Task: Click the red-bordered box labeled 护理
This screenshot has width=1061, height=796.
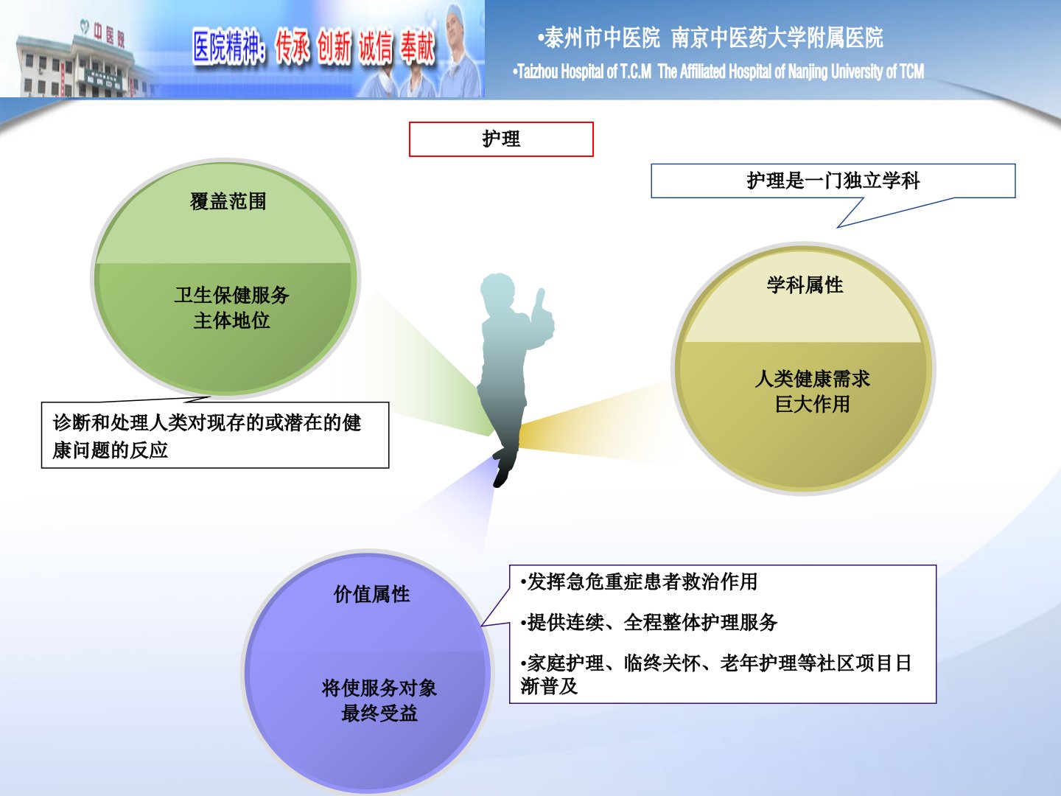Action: click(x=501, y=139)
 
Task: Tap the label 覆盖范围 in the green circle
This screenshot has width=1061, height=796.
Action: click(x=228, y=201)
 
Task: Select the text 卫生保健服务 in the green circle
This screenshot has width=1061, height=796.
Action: click(x=231, y=295)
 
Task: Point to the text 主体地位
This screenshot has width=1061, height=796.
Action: click(x=231, y=321)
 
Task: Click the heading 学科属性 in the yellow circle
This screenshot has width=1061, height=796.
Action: click(x=805, y=285)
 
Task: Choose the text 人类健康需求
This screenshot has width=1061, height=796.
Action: click(x=812, y=378)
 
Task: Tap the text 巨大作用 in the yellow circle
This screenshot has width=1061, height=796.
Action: click(x=812, y=404)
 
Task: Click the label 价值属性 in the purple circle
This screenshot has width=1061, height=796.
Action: click(x=371, y=595)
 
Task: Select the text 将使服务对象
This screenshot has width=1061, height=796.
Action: click(x=379, y=688)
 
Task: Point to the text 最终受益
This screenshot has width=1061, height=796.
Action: click(x=379, y=713)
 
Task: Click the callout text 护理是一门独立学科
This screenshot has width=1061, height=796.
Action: click(x=833, y=181)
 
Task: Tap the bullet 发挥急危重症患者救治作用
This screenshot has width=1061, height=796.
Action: click(x=639, y=582)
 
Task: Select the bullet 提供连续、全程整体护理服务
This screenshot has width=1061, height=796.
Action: click(x=648, y=623)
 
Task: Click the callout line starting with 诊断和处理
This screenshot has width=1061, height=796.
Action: click(x=207, y=423)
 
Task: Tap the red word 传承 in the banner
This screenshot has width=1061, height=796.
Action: click(x=292, y=47)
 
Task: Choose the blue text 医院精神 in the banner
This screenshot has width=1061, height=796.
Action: click(x=228, y=47)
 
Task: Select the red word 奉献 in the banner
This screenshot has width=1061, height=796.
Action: click(x=417, y=47)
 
